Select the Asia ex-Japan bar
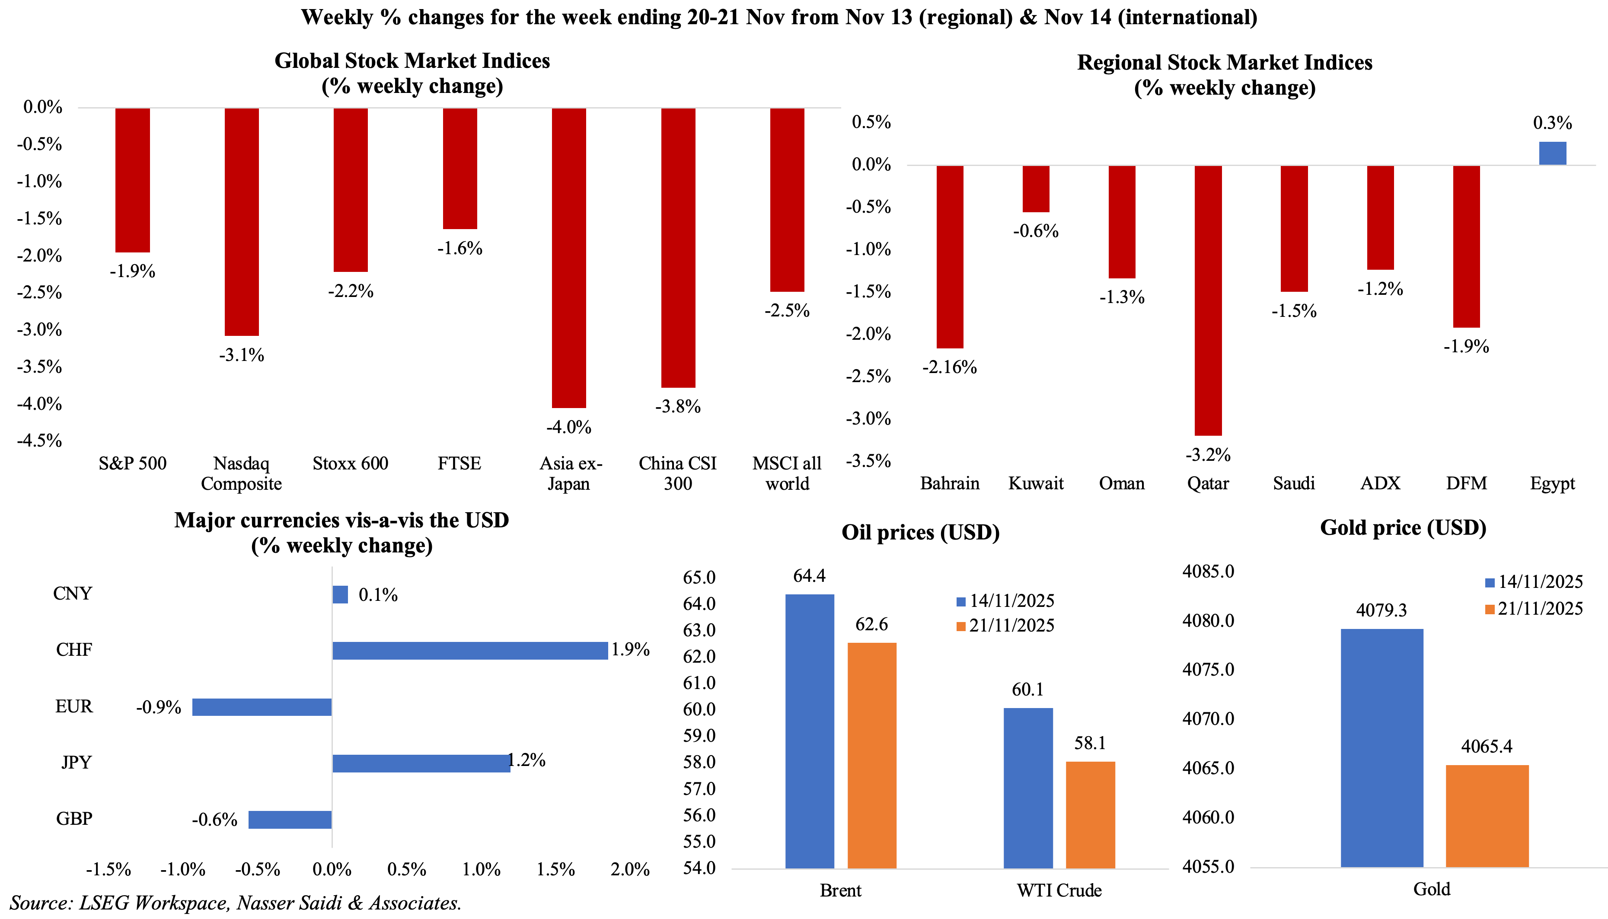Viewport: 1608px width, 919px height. click(x=568, y=258)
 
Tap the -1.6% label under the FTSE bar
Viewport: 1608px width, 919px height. click(x=459, y=249)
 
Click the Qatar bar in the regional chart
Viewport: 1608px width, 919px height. click(x=1208, y=300)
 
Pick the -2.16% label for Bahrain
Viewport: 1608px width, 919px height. click(x=949, y=367)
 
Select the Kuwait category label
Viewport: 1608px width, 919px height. click(x=1036, y=483)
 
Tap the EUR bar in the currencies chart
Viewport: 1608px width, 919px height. click(x=262, y=707)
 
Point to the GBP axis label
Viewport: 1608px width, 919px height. click(x=74, y=819)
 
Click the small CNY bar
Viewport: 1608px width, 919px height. click(x=340, y=594)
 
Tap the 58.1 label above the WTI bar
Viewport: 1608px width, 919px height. click(x=1090, y=743)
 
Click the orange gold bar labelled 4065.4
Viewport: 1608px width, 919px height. click(x=1487, y=816)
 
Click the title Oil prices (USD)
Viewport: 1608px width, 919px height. click(x=920, y=533)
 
